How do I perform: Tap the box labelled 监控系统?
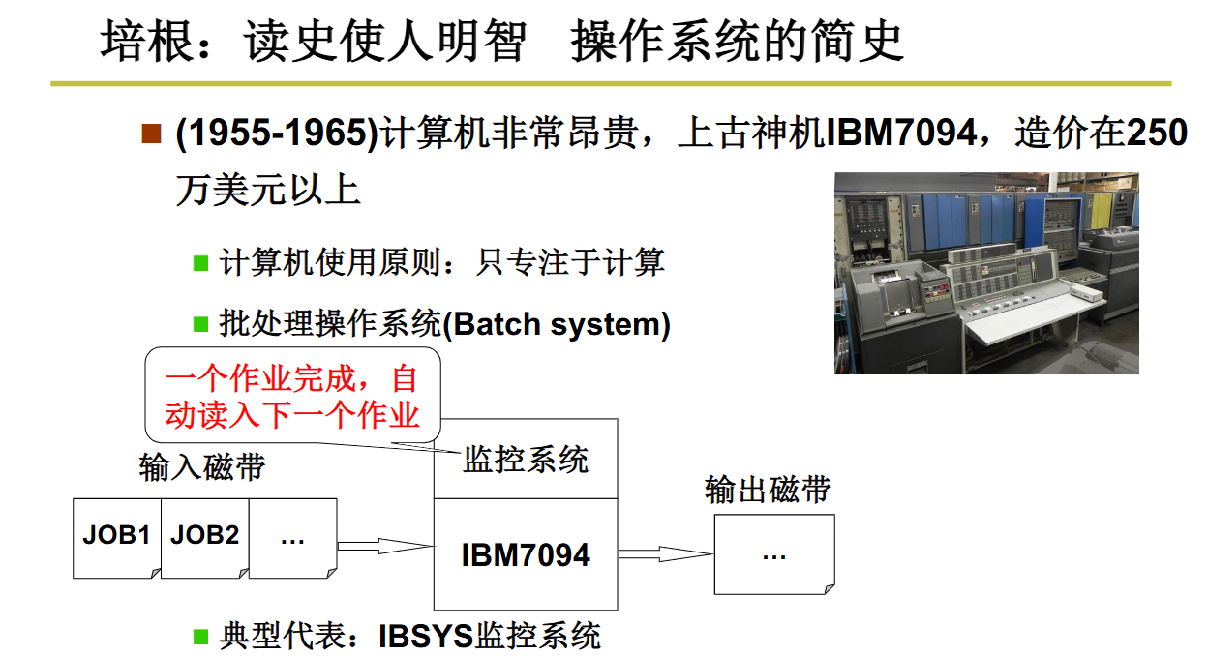[x=525, y=460]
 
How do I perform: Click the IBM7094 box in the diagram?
[x=525, y=554]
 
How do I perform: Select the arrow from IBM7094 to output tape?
[x=664, y=554]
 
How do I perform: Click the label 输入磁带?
[x=202, y=468]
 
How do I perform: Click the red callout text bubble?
[x=292, y=396]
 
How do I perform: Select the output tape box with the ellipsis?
[x=773, y=554]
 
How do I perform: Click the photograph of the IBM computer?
[x=985, y=273]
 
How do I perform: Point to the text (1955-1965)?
[x=276, y=134]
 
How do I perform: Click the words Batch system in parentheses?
[x=557, y=324]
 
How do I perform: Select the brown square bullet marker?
[x=150, y=134]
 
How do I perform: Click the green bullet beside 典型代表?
[x=201, y=636]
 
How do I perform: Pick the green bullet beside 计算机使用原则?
[x=201, y=262]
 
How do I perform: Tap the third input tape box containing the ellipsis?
[x=292, y=538]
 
